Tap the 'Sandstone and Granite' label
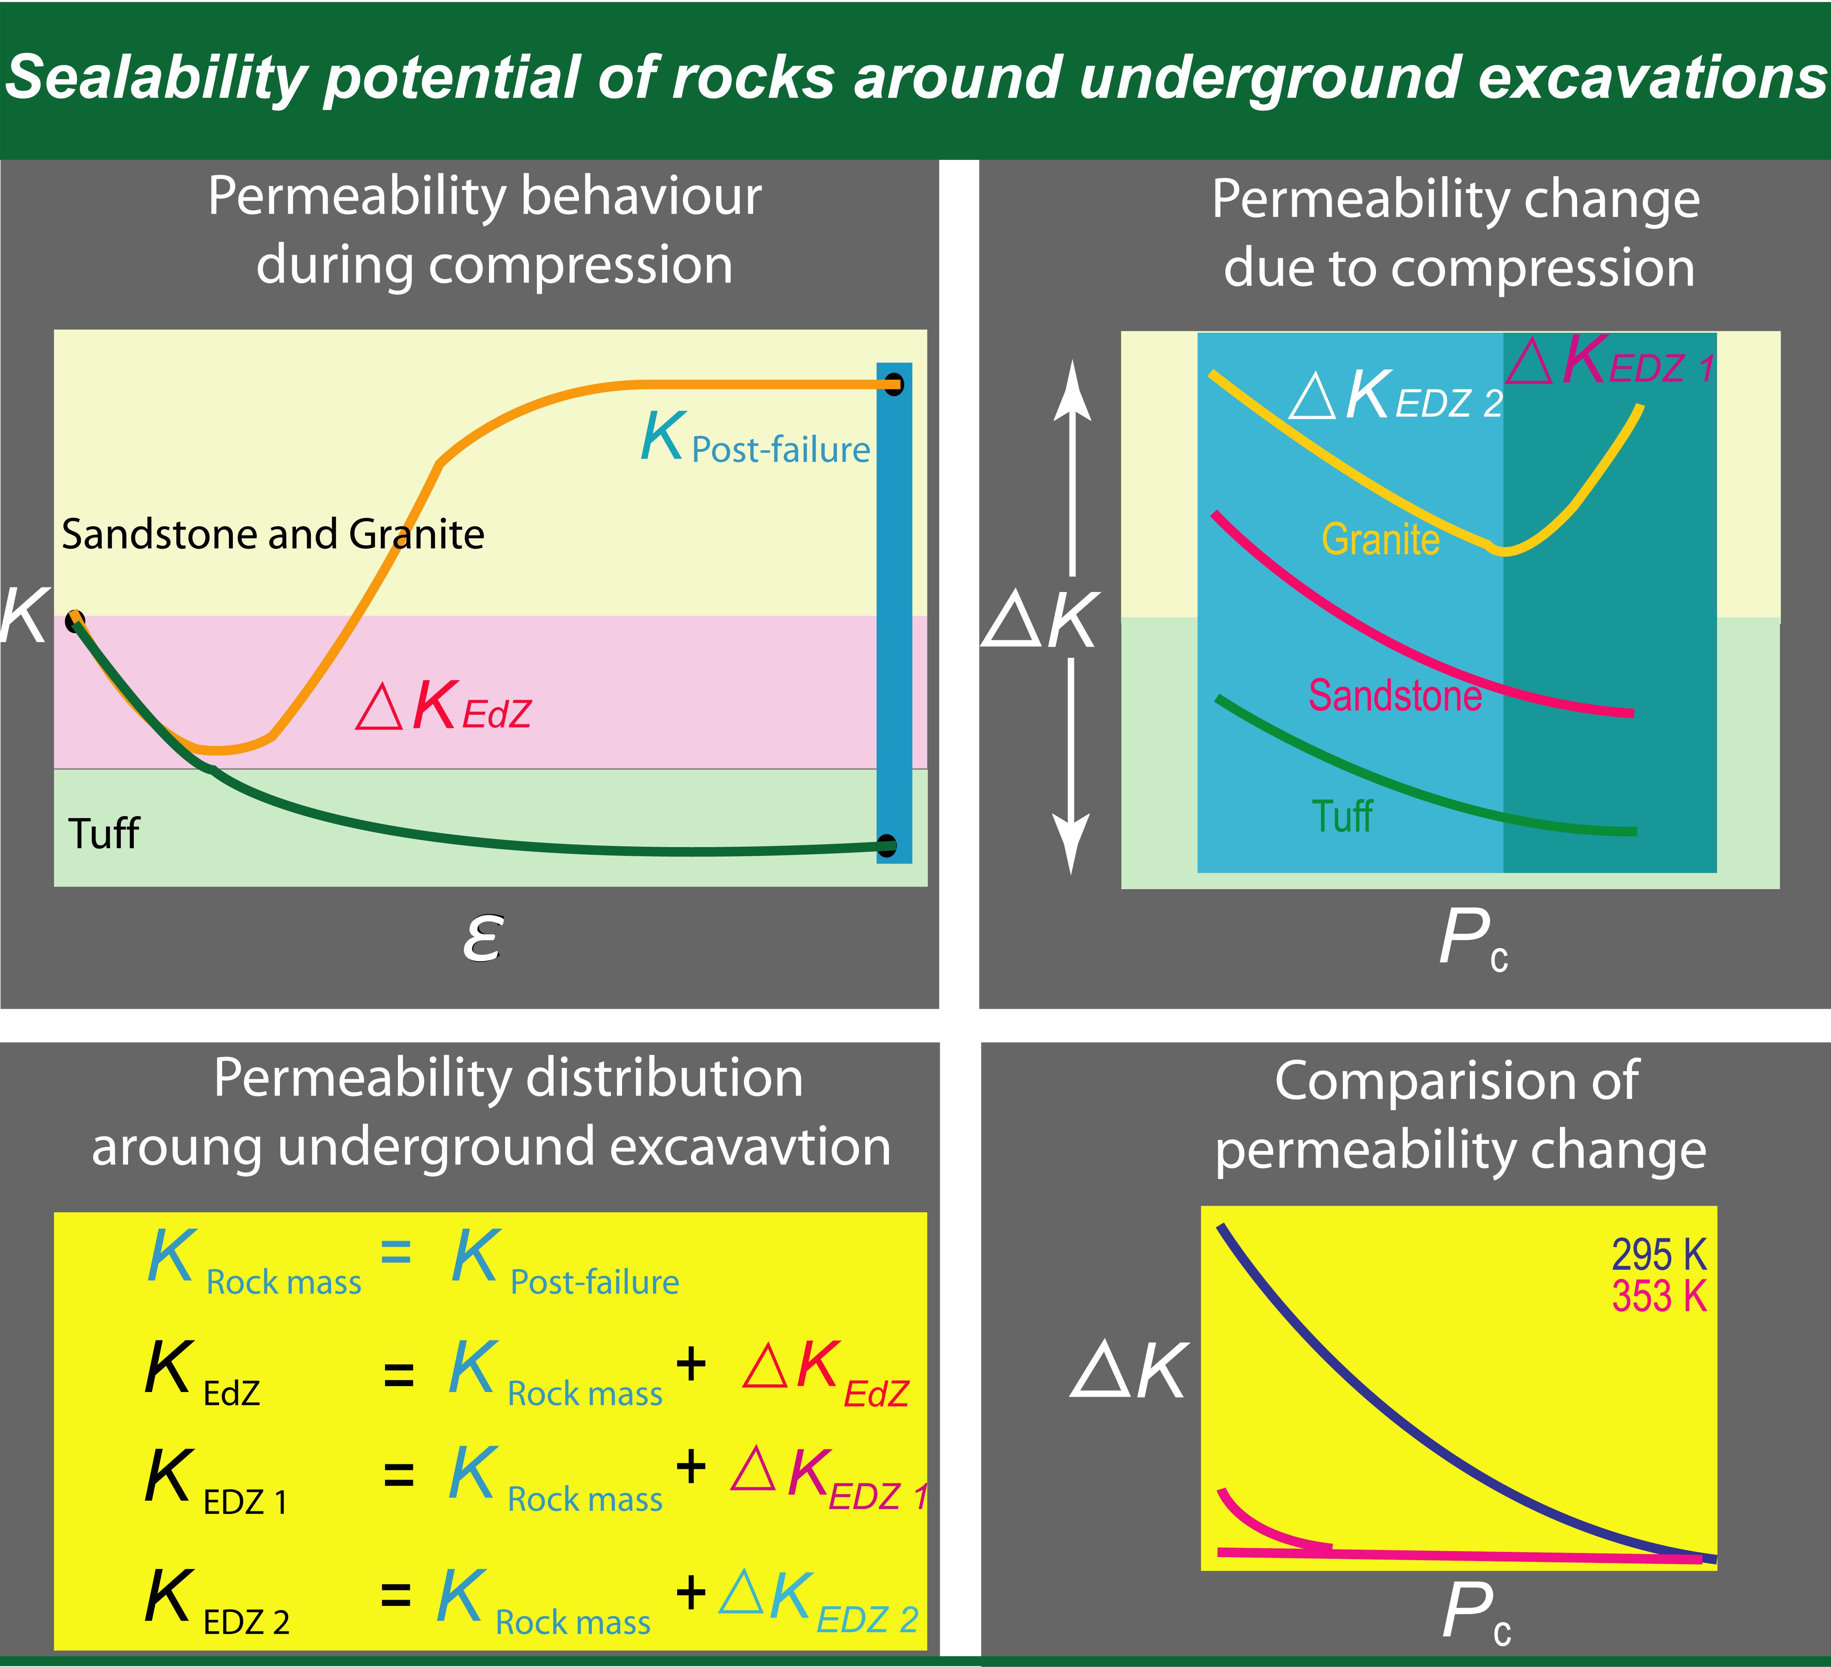[x=273, y=534]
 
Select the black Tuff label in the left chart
[x=104, y=833]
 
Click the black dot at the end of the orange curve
[x=895, y=384]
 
